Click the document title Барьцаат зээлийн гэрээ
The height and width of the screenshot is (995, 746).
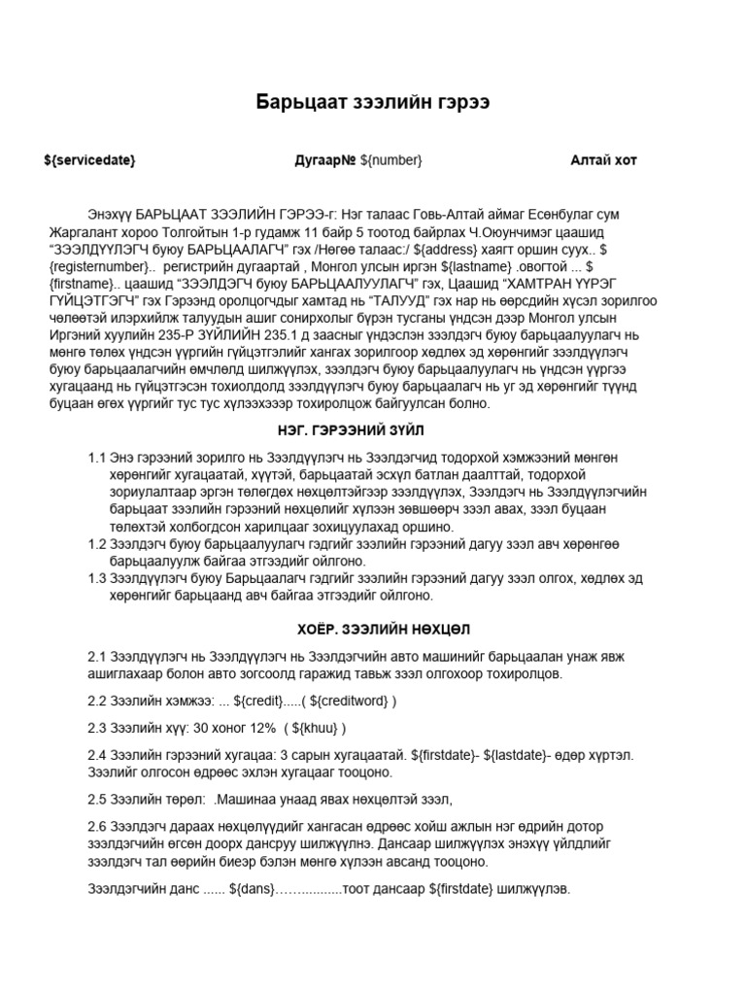[x=372, y=103]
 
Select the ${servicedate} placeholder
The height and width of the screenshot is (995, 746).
[x=90, y=160]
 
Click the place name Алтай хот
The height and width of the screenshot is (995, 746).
[x=603, y=160]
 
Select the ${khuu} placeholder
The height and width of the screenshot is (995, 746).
[x=315, y=728]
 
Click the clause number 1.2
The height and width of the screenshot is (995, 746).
[x=97, y=544]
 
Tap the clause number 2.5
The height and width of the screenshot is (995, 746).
[x=100, y=800]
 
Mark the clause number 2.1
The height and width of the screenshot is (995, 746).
[x=100, y=657]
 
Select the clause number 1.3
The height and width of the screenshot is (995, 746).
[x=97, y=579]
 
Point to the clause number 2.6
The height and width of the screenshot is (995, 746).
[x=100, y=826]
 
